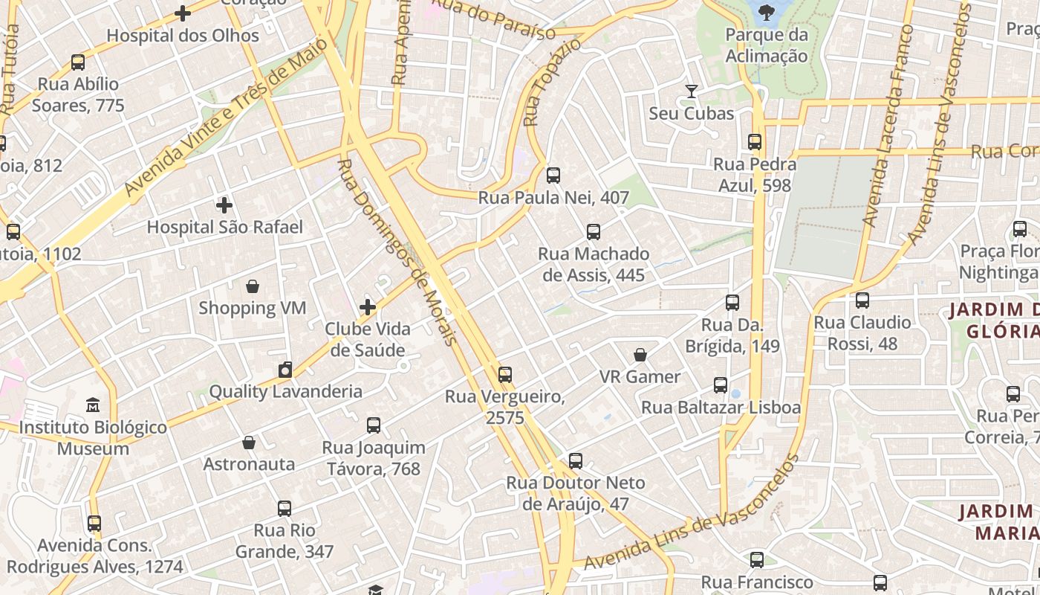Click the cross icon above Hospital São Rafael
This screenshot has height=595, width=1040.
[x=224, y=205]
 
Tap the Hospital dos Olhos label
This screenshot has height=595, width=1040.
[x=183, y=36]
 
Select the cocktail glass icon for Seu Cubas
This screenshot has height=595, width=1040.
[x=692, y=91]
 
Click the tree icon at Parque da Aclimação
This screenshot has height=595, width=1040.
[x=766, y=11]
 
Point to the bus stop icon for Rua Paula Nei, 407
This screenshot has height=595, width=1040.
[x=553, y=176]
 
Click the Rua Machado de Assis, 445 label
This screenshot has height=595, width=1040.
[x=594, y=265]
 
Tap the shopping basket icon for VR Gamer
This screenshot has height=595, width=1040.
[x=640, y=355]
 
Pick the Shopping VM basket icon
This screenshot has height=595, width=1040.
[x=253, y=286]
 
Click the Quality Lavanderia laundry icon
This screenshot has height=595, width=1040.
[x=285, y=370]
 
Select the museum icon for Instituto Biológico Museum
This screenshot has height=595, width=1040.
[x=93, y=405]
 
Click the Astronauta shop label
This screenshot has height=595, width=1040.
[x=249, y=464]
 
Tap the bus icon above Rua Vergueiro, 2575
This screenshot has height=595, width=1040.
[x=505, y=374]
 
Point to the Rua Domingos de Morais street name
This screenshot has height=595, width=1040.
[x=397, y=253]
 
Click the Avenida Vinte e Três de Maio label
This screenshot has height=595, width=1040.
[x=226, y=118]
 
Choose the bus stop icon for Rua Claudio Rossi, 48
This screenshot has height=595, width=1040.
[x=862, y=300]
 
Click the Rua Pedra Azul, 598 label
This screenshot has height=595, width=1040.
[x=755, y=175]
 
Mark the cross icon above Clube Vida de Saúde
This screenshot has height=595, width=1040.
[x=368, y=307]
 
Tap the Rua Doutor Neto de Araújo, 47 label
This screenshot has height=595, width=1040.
[x=576, y=493]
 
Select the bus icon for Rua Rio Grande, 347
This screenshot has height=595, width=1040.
[x=285, y=509]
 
